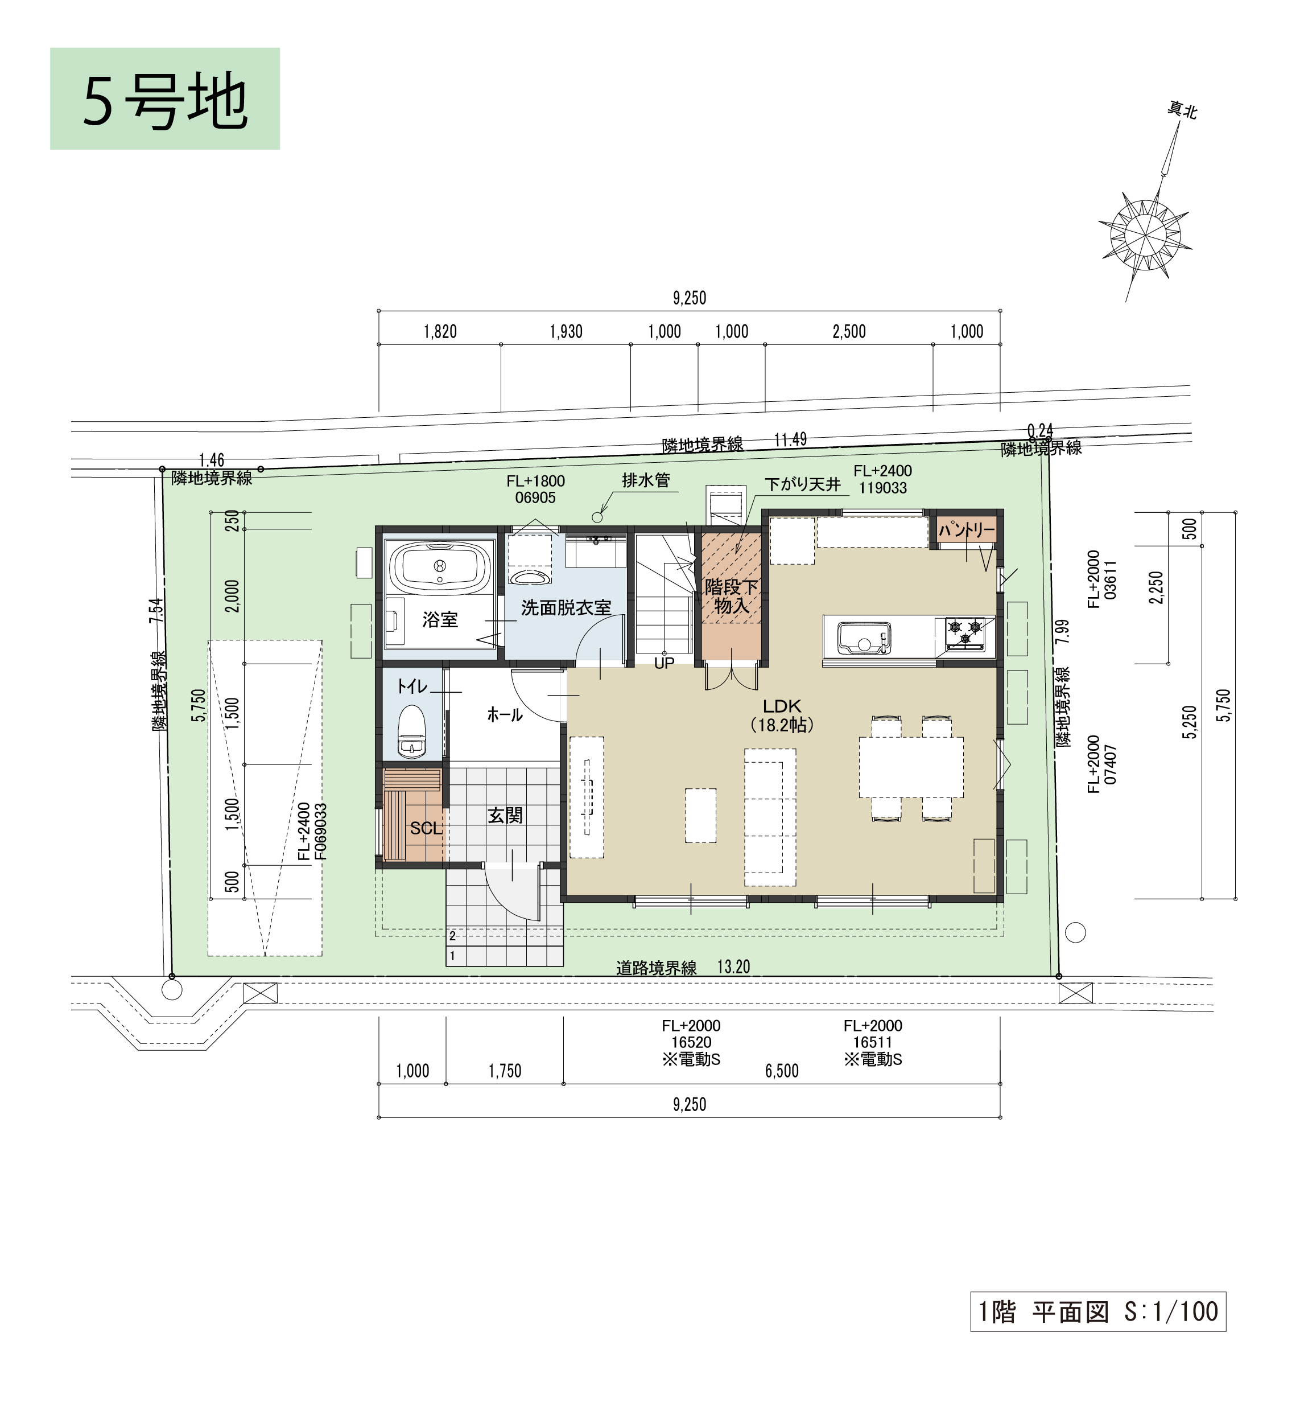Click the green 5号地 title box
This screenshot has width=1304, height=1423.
pyautogui.click(x=165, y=99)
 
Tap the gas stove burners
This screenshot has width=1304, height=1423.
pyautogui.click(x=964, y=632)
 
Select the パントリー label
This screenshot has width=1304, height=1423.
pyautogui.click(x=967, y=529)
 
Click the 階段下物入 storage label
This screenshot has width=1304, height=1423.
pyautogui.click(x=731, y=597)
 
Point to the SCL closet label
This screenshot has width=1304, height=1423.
pyautogui.click(x=426, y=828)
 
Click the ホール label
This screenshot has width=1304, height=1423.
pyautogui.click(x=505, y=715)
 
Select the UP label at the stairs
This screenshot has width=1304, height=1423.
pyautogui.click(x=664, y=664)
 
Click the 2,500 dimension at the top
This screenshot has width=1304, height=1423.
pyautogui.click(x=849, y=332)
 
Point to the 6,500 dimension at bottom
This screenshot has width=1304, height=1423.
pyautogui.click(x=782, y=1071)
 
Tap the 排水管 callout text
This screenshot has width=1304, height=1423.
pyautogui.click(x=646, y=480)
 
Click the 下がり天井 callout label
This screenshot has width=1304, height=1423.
pyautogui.click(x=803, y=484)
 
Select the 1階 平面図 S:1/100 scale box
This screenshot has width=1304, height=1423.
pyautogui.click(x=1098, y=1311)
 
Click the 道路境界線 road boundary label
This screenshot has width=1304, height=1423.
pyautogui.click(x=656, y=968)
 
